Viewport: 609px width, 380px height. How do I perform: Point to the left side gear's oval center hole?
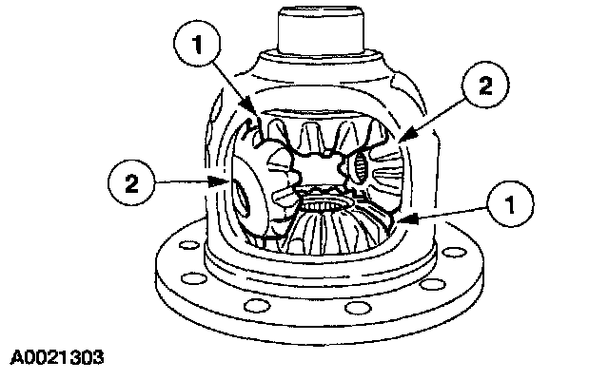pyautogui.click(x=246, y=199)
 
